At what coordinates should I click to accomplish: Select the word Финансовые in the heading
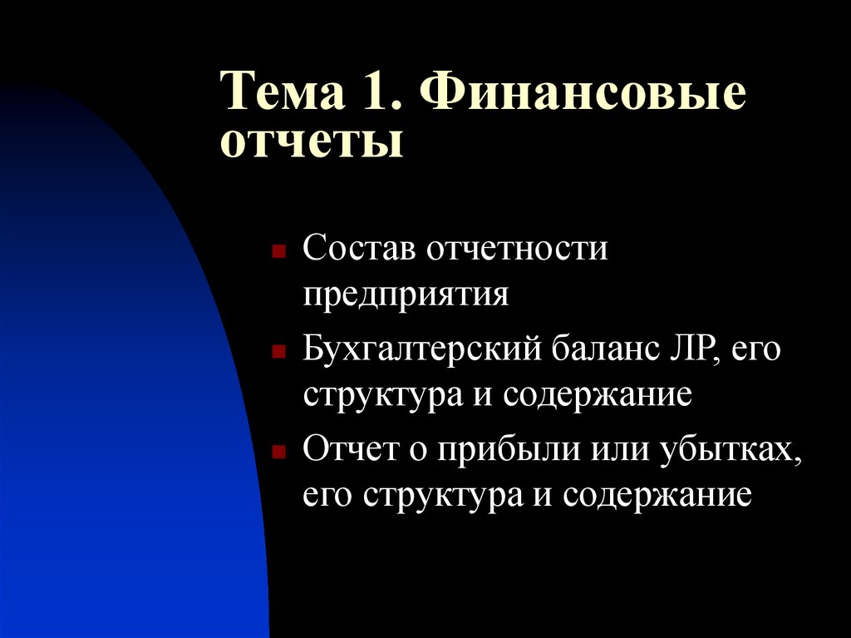(583, 92)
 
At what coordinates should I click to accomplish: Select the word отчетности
(517, 249)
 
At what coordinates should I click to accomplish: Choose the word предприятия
(406, 295)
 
